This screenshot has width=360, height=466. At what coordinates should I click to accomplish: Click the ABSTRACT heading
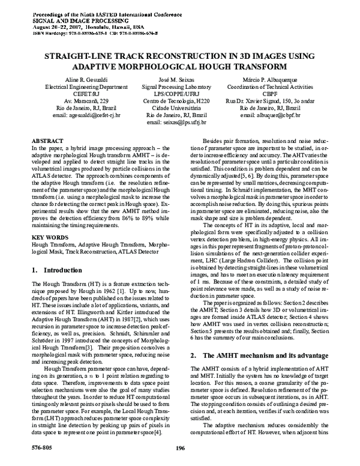[x=46, y=139]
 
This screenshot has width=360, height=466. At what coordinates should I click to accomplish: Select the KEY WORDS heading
[x=48, y=220]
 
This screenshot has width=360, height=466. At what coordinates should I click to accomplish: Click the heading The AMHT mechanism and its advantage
[x=256, y=356]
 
